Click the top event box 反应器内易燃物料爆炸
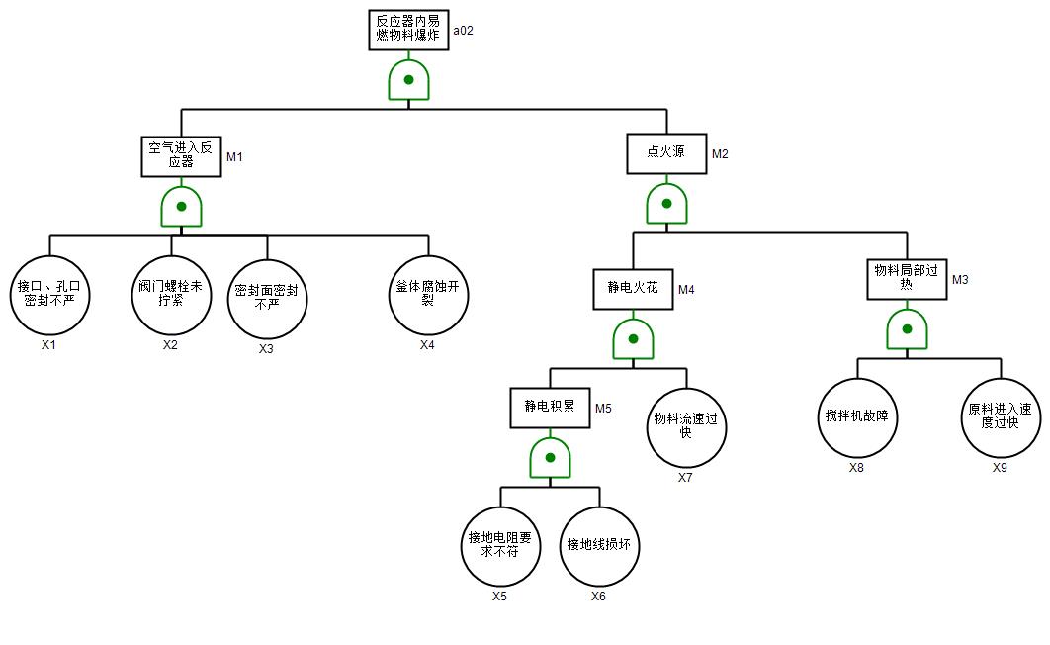[x=408, y=28]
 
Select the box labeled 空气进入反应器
[x=181, y=155]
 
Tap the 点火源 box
[x=667, y=153]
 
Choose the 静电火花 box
[x=633, y=289]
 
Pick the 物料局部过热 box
[x=907, y=279]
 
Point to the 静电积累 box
[x=550, y=407]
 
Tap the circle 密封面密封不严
[x=267, y=300]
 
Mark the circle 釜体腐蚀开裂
[x=428, y=295]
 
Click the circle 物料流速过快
[x=686, y=426]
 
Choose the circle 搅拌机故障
[x=857, y=417]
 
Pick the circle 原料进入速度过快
[x=1001, y=417]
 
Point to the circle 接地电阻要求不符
[x=500, y=546]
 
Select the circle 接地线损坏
[x=599, y=546]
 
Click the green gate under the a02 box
[x=408, y=80]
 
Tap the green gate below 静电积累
[x=550, y=458]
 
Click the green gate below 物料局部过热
[x=907, y=329]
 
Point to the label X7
[x=685, y=478]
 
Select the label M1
[x=234, y=157]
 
